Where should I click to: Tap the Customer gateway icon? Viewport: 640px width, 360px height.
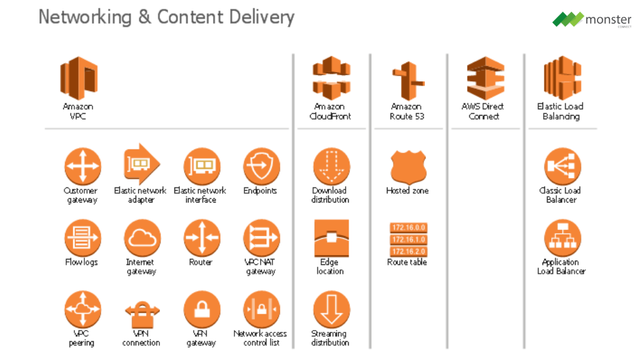tap(82, 166)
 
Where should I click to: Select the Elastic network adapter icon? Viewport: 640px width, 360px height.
tap(141, 165)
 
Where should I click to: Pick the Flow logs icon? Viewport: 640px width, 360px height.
tap(82, 238)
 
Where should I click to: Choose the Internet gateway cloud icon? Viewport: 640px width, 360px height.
tap(142, 238)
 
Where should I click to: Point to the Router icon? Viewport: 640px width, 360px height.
tap(201, 238)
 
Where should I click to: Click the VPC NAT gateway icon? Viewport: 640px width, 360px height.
tap(261, 238)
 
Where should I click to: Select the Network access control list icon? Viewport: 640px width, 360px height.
tap(261, 310)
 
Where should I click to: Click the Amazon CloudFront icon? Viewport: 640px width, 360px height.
tap(332, 77)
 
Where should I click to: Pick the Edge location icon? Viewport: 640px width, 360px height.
tap(331, 238)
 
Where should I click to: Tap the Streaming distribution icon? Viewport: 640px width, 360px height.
tap(331, 310)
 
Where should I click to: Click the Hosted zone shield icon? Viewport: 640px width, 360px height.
tap(408, 166)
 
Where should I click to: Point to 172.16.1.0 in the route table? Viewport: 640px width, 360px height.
tap(408, 239)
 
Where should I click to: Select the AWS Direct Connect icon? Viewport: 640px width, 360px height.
tap(485, 77)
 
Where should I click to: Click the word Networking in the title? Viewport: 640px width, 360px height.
tap(85, 17)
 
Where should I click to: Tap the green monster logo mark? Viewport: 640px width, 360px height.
tap(567, 19)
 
